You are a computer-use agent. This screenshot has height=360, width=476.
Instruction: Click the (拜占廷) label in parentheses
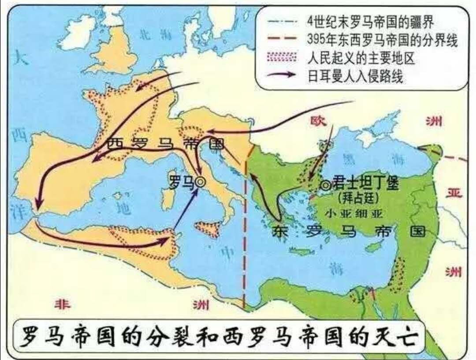tap(357, 198)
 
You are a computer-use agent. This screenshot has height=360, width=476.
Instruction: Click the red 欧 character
tap(316, 120)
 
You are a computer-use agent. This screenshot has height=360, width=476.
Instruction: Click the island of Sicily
tap(208, 229)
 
